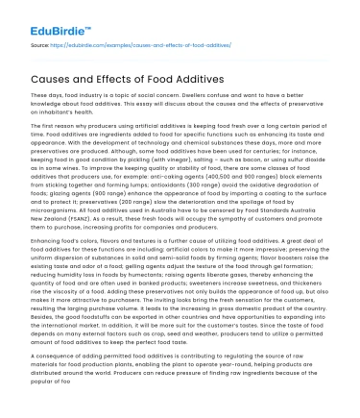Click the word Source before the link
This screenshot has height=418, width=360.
pyautogui.click(x=39, y=43)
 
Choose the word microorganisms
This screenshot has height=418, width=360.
pyautogui.click(x=53, y=209)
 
